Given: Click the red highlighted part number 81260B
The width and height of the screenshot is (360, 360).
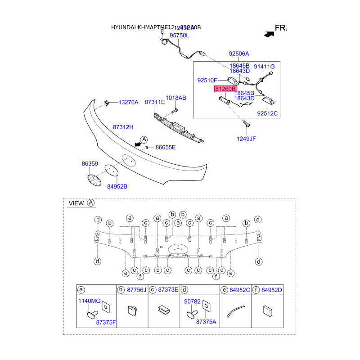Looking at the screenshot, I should [x=225, y=89].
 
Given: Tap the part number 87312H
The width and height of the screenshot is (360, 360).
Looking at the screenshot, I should [x=123, y=127].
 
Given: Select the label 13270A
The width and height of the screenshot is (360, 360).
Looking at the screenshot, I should [x=128, y=103].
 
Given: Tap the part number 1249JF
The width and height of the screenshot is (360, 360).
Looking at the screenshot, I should [x=246, y=139].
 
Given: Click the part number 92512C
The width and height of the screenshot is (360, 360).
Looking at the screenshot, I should [x=268, y=113].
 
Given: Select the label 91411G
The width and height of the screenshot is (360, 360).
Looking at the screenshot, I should [x=264, y=67].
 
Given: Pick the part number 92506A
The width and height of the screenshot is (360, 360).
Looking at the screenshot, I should [x=238, y=54].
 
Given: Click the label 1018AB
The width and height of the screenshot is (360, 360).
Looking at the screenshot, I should [x=175, y=98].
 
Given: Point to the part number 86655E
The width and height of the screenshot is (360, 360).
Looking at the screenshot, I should [x=166, y=147].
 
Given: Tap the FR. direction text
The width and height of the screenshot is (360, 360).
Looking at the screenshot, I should [x=281, y=28].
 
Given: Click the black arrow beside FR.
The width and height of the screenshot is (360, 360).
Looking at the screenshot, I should [x=269, y=33].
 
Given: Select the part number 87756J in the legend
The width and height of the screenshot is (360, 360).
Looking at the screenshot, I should [x=136, y=289].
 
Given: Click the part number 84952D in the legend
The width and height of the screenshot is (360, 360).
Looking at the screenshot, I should [x=272, y=289].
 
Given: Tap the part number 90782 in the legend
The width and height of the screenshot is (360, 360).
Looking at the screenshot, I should [x=193, y=301].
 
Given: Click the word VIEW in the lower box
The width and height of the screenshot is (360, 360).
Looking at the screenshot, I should [x=76, y=203].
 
